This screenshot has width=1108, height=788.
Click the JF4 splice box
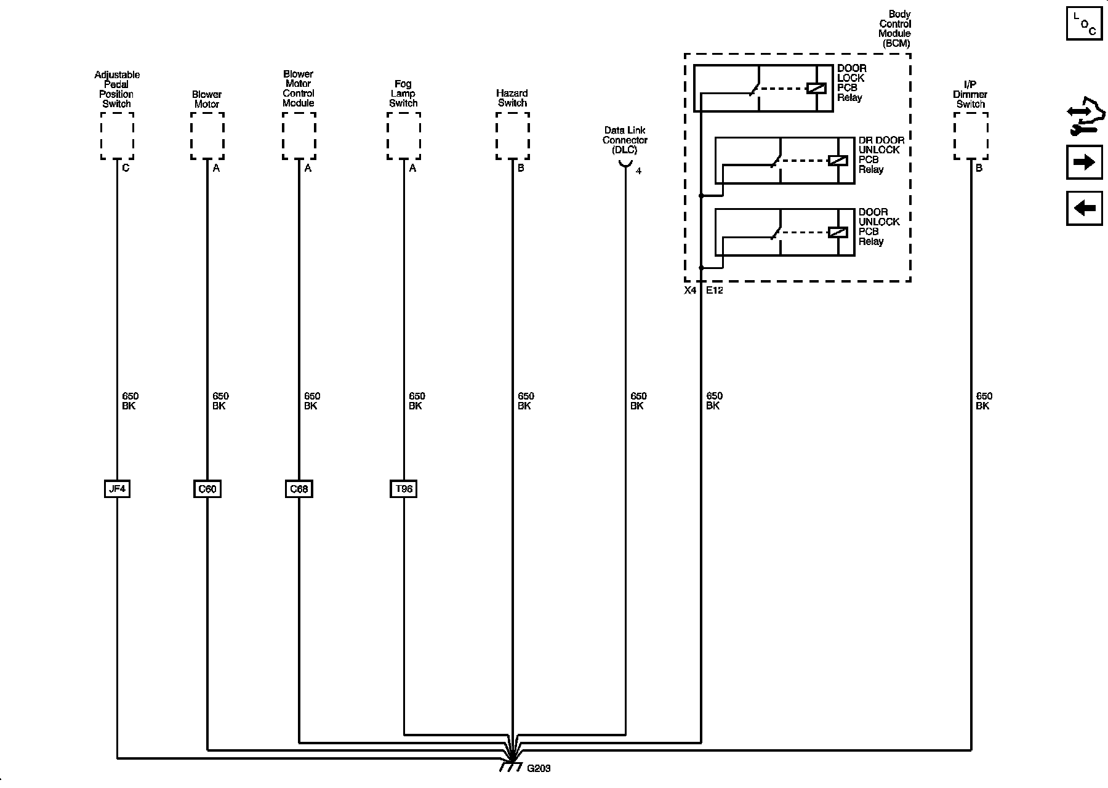point(117,489)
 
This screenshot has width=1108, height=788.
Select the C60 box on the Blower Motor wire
point(207,489)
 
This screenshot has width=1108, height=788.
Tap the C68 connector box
point(299,489)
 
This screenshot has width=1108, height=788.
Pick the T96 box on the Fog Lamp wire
point(404,489)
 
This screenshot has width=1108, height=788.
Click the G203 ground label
point(539,768)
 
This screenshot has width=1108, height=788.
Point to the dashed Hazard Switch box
point(513,136)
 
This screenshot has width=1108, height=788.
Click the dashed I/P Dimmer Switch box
point(971,136)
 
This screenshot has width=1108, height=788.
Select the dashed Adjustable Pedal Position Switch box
point(117,136)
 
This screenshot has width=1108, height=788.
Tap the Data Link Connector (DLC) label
point(625,140)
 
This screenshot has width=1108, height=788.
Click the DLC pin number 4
point(638,171)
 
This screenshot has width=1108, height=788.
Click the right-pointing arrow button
point(1084,162)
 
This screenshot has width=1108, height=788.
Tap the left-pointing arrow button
point(1084,208)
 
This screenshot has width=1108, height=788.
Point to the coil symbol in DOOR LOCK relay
point(816,89)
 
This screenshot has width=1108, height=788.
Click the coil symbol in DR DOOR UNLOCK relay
point(838,161)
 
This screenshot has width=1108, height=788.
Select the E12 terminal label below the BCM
point(714,290)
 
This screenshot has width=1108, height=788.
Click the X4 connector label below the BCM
point(690,290)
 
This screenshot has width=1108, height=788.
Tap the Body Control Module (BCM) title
point(894,29)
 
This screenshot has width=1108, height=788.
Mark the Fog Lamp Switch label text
point(403,94)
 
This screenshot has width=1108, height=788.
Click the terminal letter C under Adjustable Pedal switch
point(126,168)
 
